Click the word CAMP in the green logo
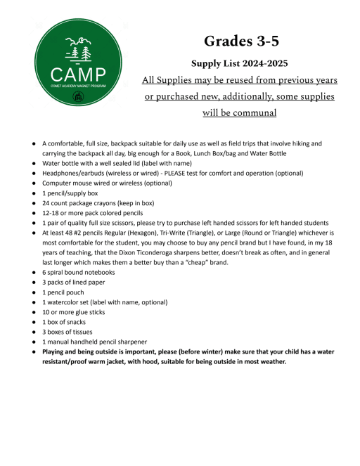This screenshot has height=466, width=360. (x=78, y=74)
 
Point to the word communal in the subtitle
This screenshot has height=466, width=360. (x=252, y=112)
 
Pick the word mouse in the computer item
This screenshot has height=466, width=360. (x=86, y=185)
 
